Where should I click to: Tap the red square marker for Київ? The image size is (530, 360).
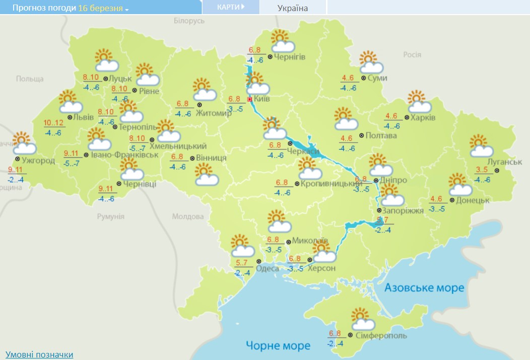tap(249, 99)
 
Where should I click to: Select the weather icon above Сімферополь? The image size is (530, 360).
tap(362, 320)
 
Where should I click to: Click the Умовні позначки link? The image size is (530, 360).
tap(39, 354)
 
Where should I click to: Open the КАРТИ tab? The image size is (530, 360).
tap(231, 7)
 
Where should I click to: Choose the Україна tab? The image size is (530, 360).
tap(293, 8)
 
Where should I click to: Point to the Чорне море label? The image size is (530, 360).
tap(278, 346)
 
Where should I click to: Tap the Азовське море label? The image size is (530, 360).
tap(424, 288)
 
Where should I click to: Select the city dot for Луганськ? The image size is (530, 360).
tap(496, 170)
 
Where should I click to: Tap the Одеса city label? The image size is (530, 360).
tap(268, 268)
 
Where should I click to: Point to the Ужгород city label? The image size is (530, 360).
tap(38, 161)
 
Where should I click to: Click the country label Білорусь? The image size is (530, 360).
tap(189, 21)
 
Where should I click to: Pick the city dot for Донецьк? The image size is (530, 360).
tap(452, 200)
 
